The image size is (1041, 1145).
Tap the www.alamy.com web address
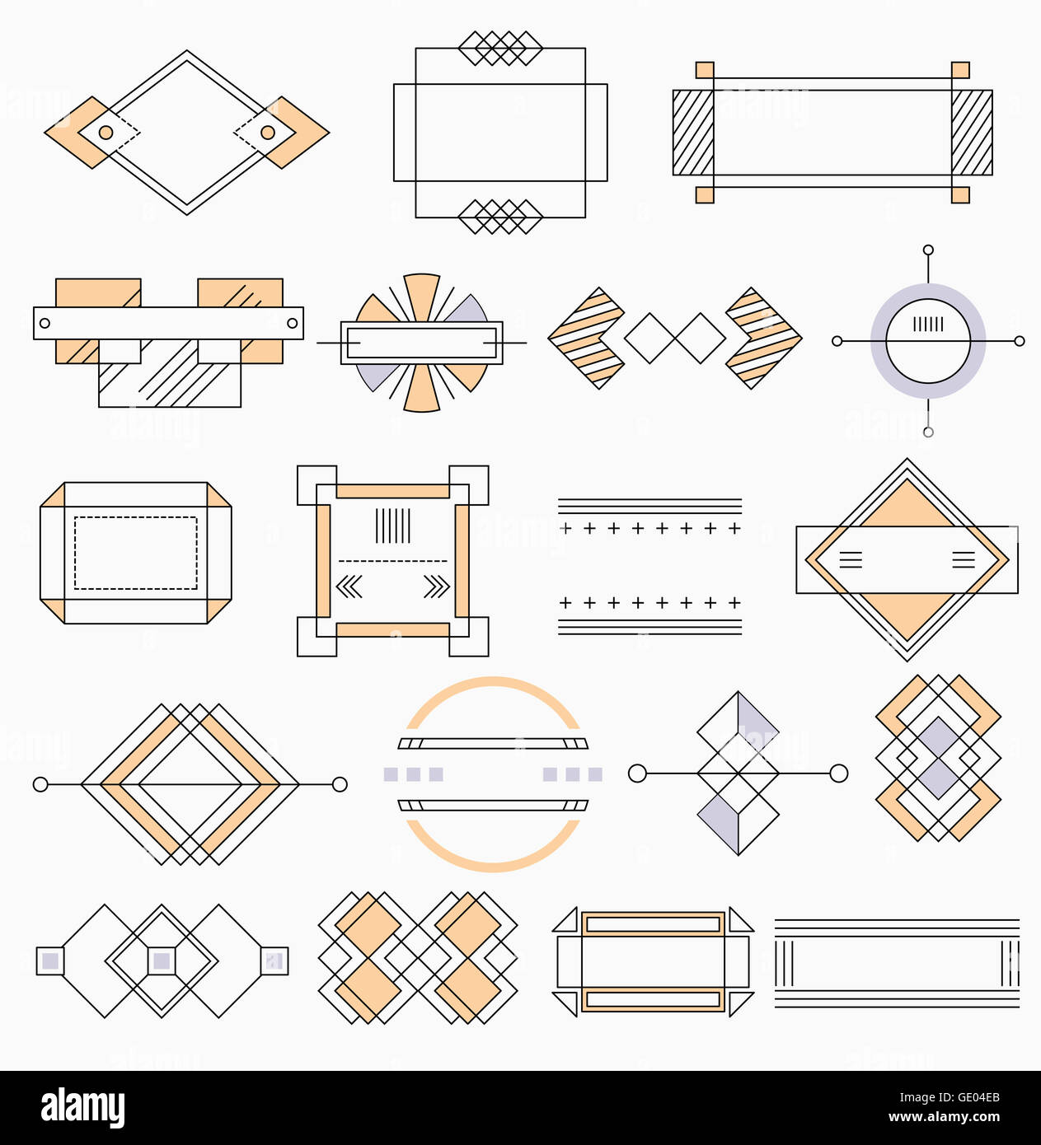pos(945,1118)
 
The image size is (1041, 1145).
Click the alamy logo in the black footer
pos(82,1107)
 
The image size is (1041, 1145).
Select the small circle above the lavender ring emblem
pos(928,250)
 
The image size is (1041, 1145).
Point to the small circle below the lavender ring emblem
pos(928,432)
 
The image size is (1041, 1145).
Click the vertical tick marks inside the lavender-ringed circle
pos(928,325)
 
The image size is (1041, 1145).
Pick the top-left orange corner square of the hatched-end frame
pos(705,70)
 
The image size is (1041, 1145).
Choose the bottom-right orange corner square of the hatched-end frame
pos(960,194)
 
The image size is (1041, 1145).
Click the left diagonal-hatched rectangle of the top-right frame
pos(693,133)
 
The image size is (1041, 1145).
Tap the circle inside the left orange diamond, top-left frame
pos(106,133)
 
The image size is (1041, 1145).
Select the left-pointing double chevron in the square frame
pos(349,587)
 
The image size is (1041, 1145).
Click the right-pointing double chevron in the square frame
pos(436,587)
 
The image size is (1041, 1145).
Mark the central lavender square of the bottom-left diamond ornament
pos(162,961)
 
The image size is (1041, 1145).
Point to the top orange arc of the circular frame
pos(493,684)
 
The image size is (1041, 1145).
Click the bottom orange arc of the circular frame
pos(493,865)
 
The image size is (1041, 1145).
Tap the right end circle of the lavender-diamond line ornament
pos(838,773)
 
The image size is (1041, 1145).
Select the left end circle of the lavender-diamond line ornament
pos(637,773)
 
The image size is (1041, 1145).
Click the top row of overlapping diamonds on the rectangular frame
pos(500,49)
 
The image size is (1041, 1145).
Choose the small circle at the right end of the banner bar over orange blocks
pos(292,323)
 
